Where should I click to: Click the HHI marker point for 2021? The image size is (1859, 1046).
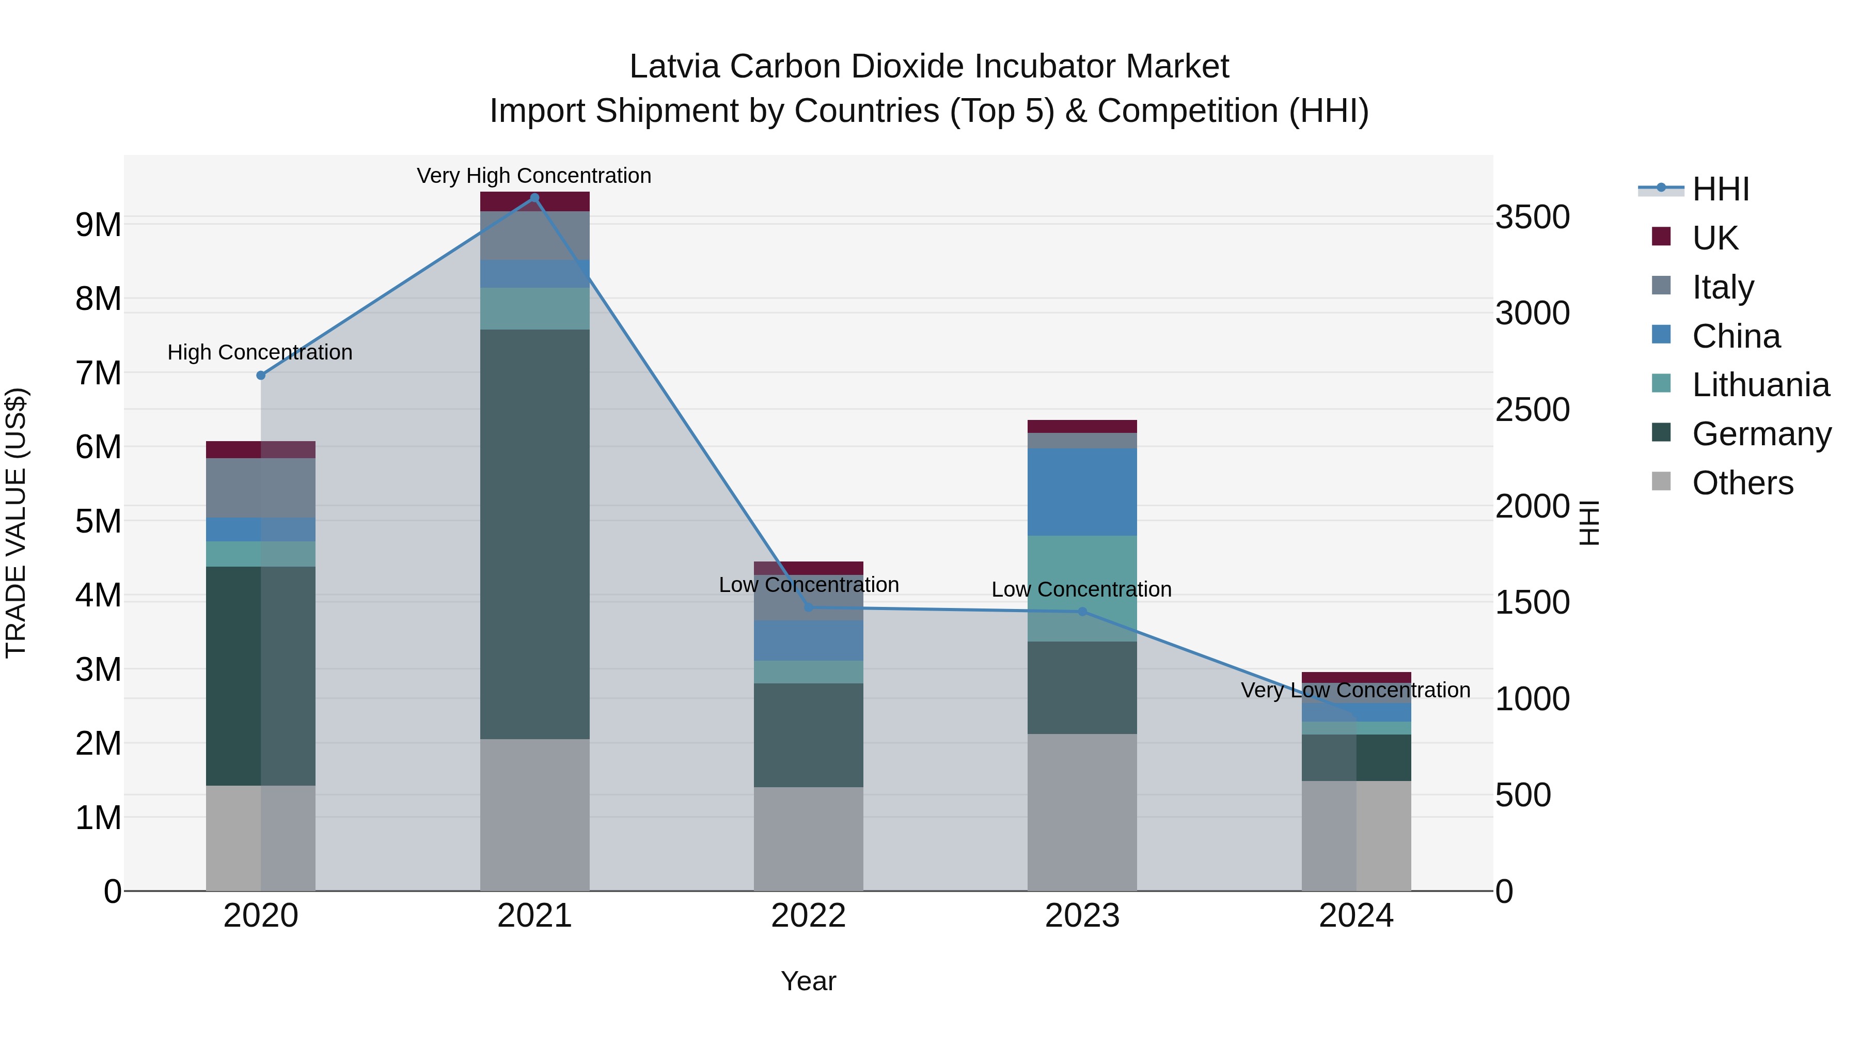(534, 198)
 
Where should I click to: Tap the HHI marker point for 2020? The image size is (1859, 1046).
(261, 376)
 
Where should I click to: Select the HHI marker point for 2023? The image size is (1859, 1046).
(1082, 612)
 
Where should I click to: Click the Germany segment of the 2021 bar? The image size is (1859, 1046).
(534, 534)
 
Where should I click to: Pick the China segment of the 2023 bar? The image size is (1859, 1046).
(1082, 492)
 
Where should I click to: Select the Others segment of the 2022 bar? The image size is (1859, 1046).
(808, 839)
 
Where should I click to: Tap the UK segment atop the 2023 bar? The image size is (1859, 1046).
(1082, 426)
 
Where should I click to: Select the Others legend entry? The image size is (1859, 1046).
(1742, 483)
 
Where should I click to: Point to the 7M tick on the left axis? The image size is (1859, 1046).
(98, 373)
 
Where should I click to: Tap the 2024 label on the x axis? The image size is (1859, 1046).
(1356, 915)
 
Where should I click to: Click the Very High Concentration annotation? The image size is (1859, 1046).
(534, 176)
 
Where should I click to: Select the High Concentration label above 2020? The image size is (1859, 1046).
(260, 352)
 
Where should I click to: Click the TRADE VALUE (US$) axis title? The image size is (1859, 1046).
(16, 523)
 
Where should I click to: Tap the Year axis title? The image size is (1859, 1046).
(808, 981)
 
